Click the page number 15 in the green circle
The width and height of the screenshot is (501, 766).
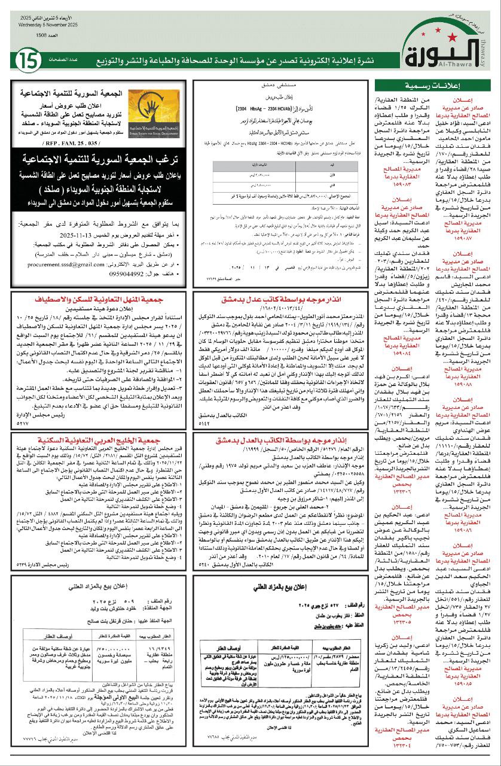pyautogui.click(x=28, y=60)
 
